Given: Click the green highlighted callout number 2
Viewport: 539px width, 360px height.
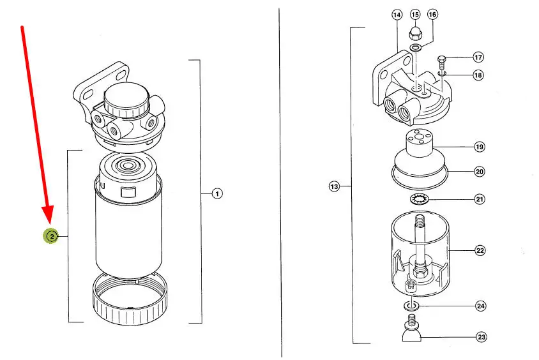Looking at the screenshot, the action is click(51, 236).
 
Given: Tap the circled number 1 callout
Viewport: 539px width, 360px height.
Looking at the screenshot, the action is click(217, 194).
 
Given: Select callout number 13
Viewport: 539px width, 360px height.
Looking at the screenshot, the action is click(334, 186).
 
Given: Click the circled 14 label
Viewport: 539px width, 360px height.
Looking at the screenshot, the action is click(397, 15).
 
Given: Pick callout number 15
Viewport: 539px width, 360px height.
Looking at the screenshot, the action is click(415, 15).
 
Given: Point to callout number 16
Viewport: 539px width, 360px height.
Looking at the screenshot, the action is click(432, 15).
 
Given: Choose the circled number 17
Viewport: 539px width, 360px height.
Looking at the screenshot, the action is click(478, 57).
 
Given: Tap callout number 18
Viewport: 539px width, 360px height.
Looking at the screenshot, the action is click(478, 75).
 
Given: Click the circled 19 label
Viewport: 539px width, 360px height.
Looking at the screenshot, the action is click(479, 147).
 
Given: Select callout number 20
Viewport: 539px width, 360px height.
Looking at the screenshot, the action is click(480, 172).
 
